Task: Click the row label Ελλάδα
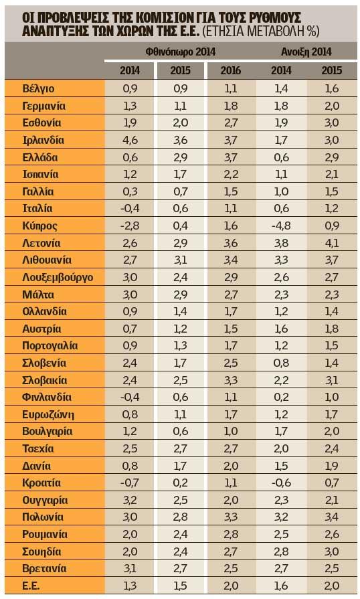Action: click(40, 157)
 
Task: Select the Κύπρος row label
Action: click(39, 226)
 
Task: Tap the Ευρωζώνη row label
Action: click(48, 414)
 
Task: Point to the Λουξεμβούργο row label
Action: click(58, 277)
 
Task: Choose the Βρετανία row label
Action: click(44, 568)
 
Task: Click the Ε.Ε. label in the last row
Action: click(31, 586)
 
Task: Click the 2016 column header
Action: click(231, 70)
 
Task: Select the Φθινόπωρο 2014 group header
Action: click(181, 52)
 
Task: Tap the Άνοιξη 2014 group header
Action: click(306, 52)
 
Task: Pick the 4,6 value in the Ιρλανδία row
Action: click(130, 140)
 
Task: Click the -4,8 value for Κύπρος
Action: click(281, 226)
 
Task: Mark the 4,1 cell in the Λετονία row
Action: click(332, 243)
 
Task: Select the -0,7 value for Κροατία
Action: click(130, 483)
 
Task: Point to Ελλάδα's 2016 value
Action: click(231, 157)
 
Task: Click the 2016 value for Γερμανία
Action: click(231, 106)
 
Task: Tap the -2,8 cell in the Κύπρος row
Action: click(130, 226)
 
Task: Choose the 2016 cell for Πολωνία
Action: click(231, 517)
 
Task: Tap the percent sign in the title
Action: click(311, 31)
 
